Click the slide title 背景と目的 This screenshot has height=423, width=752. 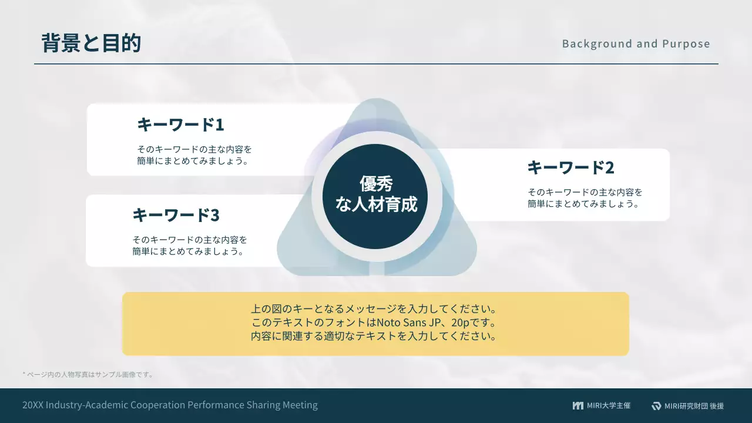pyautogui.click(x=91, y=43)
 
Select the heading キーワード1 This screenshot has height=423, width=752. pyautogui.click(x=180, y=125)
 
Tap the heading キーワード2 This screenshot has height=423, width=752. pyautogui.click(x=570, y=167)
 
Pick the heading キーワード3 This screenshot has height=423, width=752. pyautogui.click(x=176, y=215)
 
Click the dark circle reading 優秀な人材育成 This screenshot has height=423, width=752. pyautogui.click(x=376, y=194)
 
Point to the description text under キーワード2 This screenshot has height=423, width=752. pyautogui.click(x=585, y=198)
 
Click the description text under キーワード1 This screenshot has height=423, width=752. pyautogui.click(x=194, y=155)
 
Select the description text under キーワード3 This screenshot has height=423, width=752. pyautogui.click(x=190, y=246)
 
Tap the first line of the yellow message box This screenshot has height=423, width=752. pyautogui.click(x=375, y=309)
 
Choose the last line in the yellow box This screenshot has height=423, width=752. pyautogui.click(x=375, y=337)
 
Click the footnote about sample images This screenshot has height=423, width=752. pyautogui.click(x=88, y=374)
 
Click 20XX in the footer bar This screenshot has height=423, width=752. pyautogui.click(x=33, y=405)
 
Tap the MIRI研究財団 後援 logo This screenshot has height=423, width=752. pyautogui.click(x=687, y=406)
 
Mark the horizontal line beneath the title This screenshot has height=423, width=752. pyautogui.click(x=376, y=63)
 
